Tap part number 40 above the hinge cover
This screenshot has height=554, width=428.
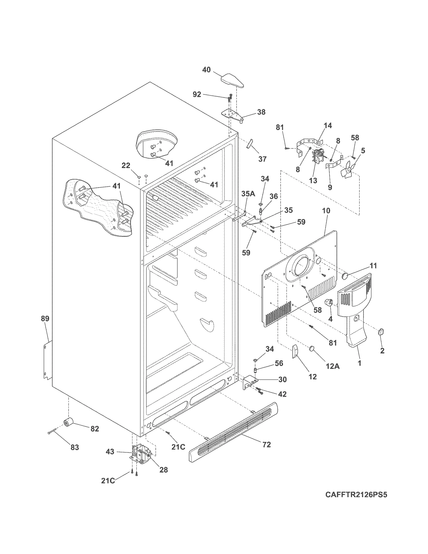tap(206, 70)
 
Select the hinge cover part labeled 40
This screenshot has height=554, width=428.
tap(232, 81)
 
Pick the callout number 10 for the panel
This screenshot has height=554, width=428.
tap(326, 211)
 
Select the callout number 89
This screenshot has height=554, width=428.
tap(45, 319)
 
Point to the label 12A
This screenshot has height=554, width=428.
tap(333, 366)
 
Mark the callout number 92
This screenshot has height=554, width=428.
tap(197, 94)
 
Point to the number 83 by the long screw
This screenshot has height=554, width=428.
tap(75, 447)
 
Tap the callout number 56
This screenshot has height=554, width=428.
tap(279, 363)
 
